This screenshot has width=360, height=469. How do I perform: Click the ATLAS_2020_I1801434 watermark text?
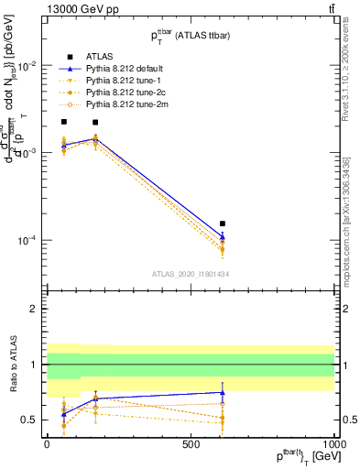(191, 274)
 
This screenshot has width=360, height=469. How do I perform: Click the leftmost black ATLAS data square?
(63, 122)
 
